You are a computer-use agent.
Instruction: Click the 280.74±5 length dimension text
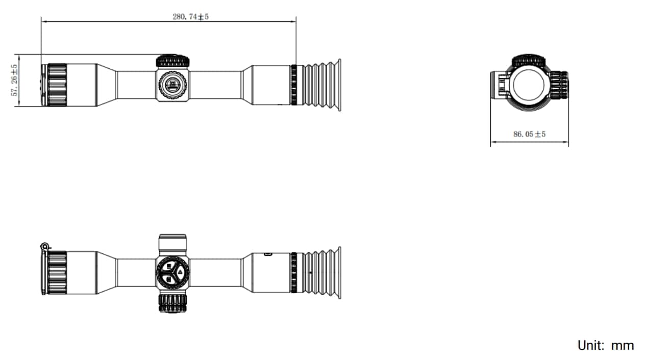pyautogui.click(x=190, y=17)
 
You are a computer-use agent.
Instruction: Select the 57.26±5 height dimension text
pyautogui.click(x=14, y=80)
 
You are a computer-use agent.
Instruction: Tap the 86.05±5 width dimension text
pyautogui.click(x=530, y=134)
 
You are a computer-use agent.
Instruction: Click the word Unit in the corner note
pyautogui.click(x=591, y=345)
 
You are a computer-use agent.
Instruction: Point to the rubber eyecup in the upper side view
pyautogui.click(x=322, y=85)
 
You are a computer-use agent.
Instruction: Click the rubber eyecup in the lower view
pyautogui.click(x=322, y=273)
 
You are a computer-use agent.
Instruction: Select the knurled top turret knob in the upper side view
pyautogui.click(x=173, y=61)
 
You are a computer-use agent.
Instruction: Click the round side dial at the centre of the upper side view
pyautogui.click(x=173, y=85)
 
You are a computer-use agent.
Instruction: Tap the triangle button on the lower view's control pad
pyautogui.click(x=180, y=272)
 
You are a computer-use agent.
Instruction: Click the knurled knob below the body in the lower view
pyautogui.click(x=173, y=303)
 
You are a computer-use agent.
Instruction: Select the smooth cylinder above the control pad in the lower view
pyautogui.click(x=173, y=245)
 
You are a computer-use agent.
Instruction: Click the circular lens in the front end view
pyautogui.click(x=529, y=85)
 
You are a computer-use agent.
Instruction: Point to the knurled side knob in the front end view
pyautogui.click(x=559, y=85)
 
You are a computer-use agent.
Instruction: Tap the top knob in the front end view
pyautogui.click(x=529, y=60)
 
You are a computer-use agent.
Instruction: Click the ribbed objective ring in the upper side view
pyautogui.click(x=57, y=85)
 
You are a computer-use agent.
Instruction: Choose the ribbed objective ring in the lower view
pyautogui.click(x=57, y=273)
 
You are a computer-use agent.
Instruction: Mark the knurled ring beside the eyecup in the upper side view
pyautogui.click(x=294, y=85)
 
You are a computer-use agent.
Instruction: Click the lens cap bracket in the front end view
pyautogui.click(x=500, y=85)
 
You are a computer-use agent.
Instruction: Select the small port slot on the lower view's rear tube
pyautogui.click(x=268, y=254)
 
